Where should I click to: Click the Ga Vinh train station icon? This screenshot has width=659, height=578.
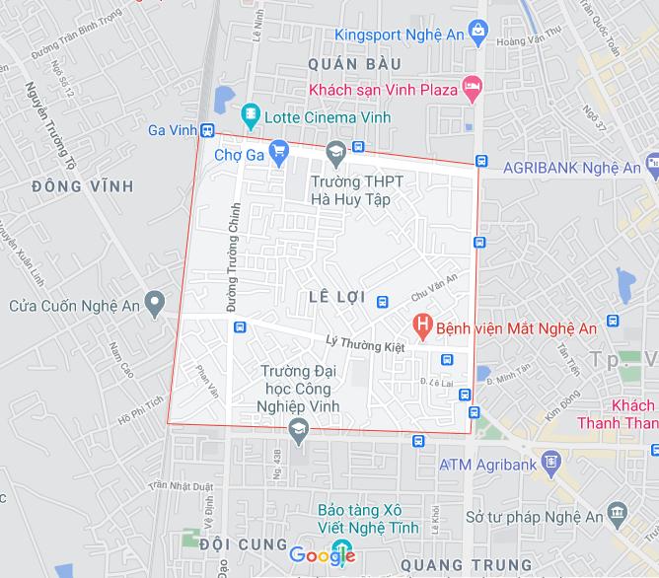click(x=207, y=130)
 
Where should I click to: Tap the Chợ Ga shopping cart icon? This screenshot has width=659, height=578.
click(x=279, y=151)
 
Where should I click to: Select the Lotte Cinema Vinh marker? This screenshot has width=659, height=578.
click(x=251, y=117)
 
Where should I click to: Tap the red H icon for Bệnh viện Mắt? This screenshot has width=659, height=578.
click(x=422, y=323)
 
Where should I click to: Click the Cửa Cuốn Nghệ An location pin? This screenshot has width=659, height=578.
click(x=154, y=304)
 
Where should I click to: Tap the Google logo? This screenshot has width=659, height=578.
click(x=323, y=556)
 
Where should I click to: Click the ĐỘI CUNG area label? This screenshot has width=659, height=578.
click(x=242, y=544)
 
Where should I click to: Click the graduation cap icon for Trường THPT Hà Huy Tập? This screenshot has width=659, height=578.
click(x=334, y=151)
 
